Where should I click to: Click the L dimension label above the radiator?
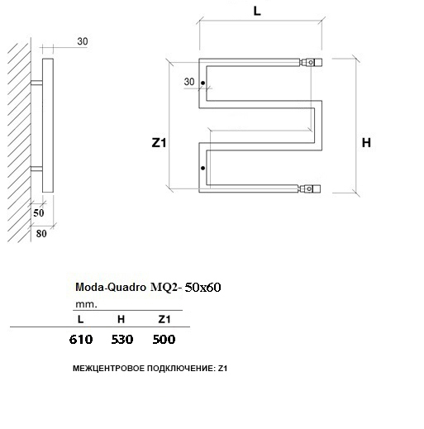(x=257, y=12)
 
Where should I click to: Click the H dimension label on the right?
(x=366, y=143)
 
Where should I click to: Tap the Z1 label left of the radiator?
(x=159, y=143)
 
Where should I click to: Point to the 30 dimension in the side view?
(x=83, y=41)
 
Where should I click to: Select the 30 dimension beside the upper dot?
(x=189, y=82)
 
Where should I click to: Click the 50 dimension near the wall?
(x=39, y=213)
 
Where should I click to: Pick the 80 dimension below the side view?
(x=41, y=234)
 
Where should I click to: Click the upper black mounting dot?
(x=203, y=83)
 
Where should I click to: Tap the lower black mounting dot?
(x=203, y=168)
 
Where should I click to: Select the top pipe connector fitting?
(x=311, y=62)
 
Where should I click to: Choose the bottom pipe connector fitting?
(x=309, y=188)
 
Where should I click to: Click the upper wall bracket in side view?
(x=36, y=83)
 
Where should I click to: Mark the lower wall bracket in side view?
(x=36, y=169)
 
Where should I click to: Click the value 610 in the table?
(x=81, y=339)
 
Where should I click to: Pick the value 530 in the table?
(x=122, y=339)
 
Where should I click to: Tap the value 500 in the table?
(x=164, y=339)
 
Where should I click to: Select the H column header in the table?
(x=121, y=319)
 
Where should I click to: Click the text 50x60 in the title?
(x=202, y=288)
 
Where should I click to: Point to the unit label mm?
(x=86, y=305)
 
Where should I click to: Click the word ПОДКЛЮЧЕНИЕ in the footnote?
(x=181, y=369)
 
